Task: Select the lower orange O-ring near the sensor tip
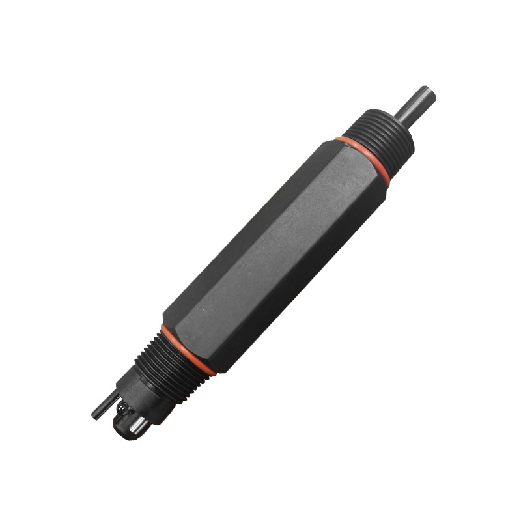[x=188, y=350]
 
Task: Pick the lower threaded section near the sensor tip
[x=171, y=365]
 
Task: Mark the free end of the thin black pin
[x=95, y=414]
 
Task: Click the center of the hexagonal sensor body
[x=274, y=254]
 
